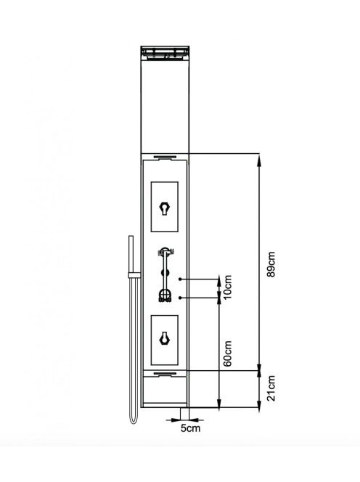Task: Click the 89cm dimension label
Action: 271,264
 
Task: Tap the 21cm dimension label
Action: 271,388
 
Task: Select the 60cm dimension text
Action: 228,354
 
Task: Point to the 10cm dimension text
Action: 228,288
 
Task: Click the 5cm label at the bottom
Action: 190,428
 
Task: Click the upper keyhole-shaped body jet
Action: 165,209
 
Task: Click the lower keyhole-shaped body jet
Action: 165,339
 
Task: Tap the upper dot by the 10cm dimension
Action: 180,279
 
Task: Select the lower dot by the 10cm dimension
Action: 180,298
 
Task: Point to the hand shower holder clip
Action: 134,275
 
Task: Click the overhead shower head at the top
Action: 165,53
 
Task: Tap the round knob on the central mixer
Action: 165,273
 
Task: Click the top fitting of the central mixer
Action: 165,252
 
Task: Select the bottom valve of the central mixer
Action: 165,296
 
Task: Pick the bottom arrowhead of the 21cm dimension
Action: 259,404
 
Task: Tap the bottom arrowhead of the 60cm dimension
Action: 219,404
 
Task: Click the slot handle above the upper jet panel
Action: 165,158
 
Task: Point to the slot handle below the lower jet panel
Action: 165,374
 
